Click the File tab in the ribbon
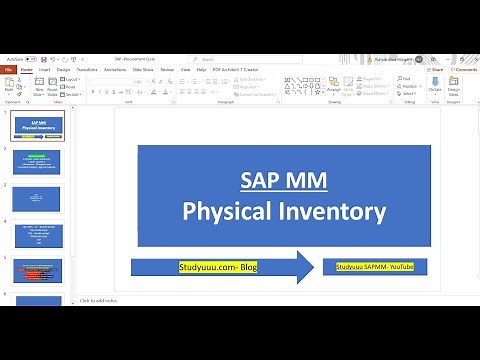click(9, 70)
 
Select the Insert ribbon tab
click(43, 70)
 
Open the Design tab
click(63, 70)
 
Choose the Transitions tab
click(87, 70)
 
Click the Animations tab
click(115, 70)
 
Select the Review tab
click(167, 70)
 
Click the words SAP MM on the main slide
click(284, 180)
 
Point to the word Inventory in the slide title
click(335, 211)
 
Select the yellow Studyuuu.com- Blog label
click(218, 268)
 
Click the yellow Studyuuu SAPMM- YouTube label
click(375, 267)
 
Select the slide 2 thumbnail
click(37, 162)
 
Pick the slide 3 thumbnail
click(37, 198)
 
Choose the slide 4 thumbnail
click(37, 235)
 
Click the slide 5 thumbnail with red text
click(37, 271)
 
